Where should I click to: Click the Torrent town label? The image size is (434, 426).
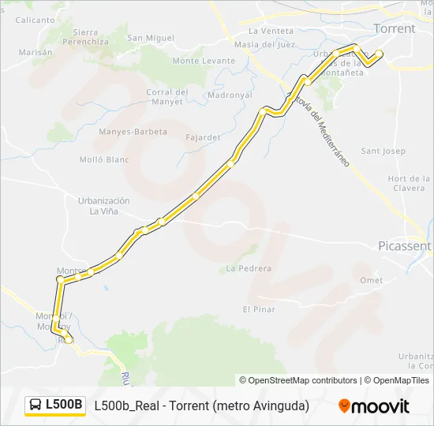coord(395,28)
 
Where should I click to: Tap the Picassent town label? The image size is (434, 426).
coord(405,245)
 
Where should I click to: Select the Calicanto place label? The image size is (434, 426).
coord(35,19)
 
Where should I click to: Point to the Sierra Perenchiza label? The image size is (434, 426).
coord(91,37)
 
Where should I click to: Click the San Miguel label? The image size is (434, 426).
coord(151,38)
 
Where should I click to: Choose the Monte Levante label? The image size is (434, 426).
coord(204,61)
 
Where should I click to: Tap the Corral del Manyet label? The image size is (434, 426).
coord(167,97)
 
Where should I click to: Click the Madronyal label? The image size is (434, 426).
coord(230,95)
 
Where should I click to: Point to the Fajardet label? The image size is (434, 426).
coord(203,136)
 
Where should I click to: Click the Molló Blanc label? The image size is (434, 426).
coord(104,159)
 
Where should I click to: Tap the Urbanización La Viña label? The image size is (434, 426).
coord(103,206)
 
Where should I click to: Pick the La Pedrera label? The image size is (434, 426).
coord(249,268)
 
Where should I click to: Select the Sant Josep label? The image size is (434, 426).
coord(383,151)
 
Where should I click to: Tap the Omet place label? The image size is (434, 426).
coord(371,281)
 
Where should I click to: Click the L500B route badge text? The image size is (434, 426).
coord(64,405)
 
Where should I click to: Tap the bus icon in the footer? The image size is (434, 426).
coord(36,405)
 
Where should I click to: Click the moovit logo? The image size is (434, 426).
coord(374,406)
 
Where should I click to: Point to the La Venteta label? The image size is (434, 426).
coord(271,31)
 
